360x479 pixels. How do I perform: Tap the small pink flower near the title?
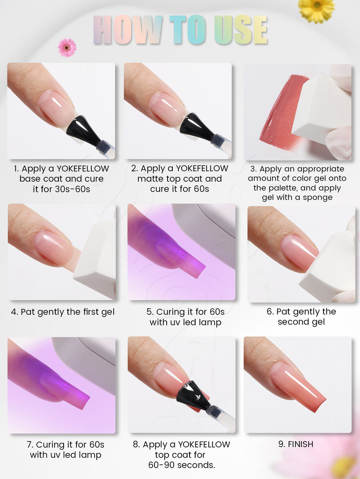point(67,48)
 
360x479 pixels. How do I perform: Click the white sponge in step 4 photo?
point(96,259)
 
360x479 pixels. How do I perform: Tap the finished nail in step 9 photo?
point(297,386)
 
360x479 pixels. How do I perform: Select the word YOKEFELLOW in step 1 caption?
point(83,168)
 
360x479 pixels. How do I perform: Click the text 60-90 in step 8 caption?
point(162,465)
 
